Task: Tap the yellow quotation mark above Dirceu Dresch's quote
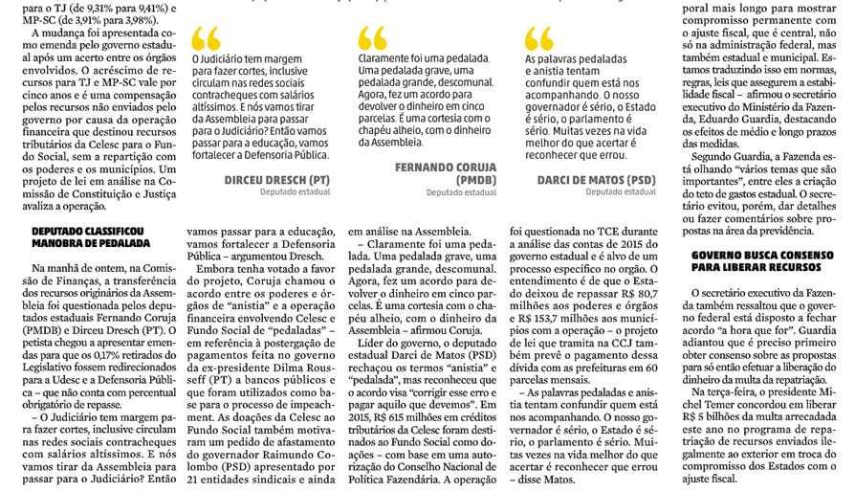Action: (x=205, y=38)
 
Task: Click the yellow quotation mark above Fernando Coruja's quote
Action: (x=373, y=38)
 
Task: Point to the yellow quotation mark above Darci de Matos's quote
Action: (x=539, y=38)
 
